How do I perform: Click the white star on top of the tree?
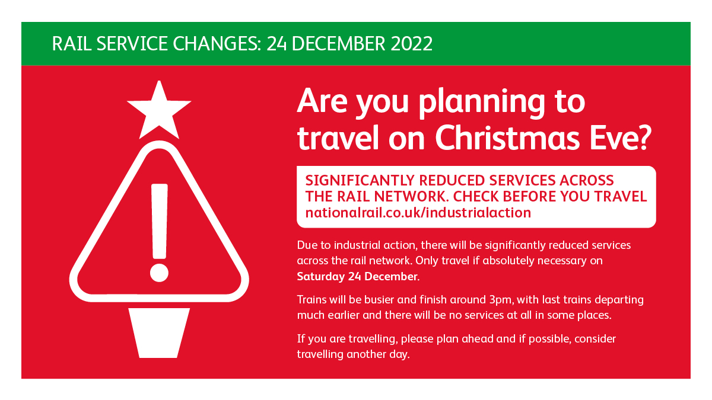coord(159,111)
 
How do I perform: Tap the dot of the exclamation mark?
coord(159,273)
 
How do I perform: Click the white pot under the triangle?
coord(159,332)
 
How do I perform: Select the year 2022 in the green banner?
coord(411,43)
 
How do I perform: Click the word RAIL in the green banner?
coord(72,43)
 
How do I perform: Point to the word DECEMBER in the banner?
coord(338,43)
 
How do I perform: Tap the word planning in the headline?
coord(482,102)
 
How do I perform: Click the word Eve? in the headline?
coord(621,137)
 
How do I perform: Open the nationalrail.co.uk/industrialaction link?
coord(418,213)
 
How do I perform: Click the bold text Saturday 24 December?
coord(357,276)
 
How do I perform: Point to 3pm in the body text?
coord(501,300)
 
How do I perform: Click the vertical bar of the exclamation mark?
coord(159,221)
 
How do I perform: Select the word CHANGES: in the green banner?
coord(217,43)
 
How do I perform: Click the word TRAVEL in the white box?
coord(621,197)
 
